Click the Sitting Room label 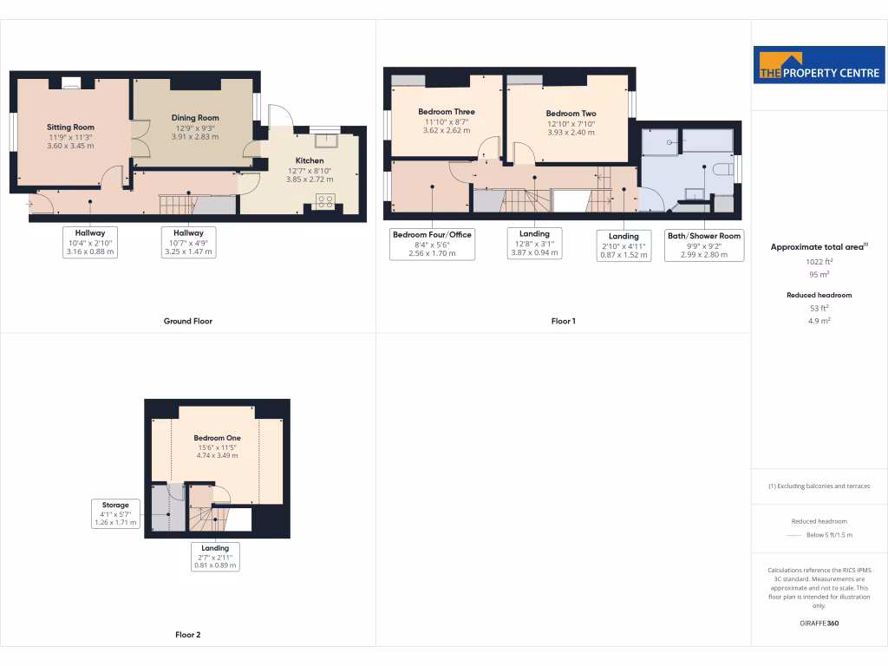tap(70, 127)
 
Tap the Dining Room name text tap(195, 118)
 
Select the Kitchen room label tap(310, 160)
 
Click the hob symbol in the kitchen tap(326, 201)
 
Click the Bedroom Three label tap(446, 112)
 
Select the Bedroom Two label tap(571, 114)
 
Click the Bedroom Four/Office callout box tap(432, 244)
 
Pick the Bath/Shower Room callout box tap(703, 245)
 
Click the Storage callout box tap(115, 513)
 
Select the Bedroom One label tap(217, 438)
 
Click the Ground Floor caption tap(188, 321)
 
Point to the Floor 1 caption tap(563, 321)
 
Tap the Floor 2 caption tap(188, 635)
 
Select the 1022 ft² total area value tap(819, 261)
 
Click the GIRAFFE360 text tap(819, 624)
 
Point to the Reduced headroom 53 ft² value tap(819, 308)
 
